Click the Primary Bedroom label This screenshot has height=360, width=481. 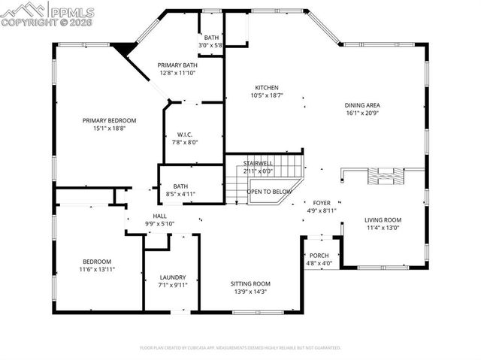pos(109,120)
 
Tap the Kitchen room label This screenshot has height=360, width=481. pos(266,87)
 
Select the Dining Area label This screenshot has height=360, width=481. pos(362,105)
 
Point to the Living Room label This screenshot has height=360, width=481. pos(383,219)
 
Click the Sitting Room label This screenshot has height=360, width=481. pos(250,283)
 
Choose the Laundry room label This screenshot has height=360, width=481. pos(172,277)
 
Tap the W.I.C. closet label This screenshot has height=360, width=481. pos(185,135)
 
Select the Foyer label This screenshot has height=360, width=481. pos(322,203)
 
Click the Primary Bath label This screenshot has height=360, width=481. pos(177,65)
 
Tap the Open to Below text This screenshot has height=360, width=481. pos(269,192)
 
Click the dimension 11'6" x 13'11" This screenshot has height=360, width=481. pos(97,269)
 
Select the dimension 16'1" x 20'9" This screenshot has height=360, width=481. pos(362,113)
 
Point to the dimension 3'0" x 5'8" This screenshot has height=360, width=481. pos(210,45)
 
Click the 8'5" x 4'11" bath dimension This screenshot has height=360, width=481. pos(180,195)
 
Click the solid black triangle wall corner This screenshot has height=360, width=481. pos(124,49)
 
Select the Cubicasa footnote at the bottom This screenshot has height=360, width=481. pos(240,348)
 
